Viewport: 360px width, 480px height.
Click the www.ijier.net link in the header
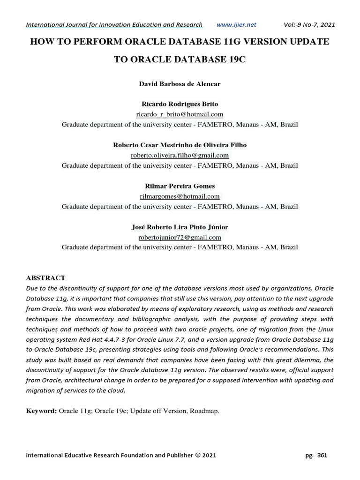pyautogui.click(x=237, y=24)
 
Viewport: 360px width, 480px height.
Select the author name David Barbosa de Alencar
pyautogui.click(x=180, y=84)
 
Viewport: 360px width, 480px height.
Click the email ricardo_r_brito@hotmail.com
pyautogui.click(x=180, y=114)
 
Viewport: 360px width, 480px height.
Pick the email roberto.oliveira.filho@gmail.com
pyautogui.click(x=180, y=155)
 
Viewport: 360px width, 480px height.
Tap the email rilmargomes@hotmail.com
pyautogui.click(x=180, y=196)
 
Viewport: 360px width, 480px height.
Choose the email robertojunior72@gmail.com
pyautogui.click(x=180, y=237)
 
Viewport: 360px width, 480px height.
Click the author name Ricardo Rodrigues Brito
pyautogui.click(x=180, y=104)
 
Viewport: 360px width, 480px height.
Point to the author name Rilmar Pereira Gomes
pyautogui.click(x=180, y=186)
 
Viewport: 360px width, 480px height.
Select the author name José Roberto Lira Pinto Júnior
pyautogui.click(x=180, y=227)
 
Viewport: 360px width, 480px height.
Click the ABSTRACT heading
pyautogui.click(x=45, y=278)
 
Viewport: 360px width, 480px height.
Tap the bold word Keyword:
pyautogui.click(x=41, y=411)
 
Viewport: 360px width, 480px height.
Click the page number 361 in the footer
pyautogui.click(x=322, y=455)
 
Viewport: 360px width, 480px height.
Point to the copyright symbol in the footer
pyautogui.click(x=197, y=455)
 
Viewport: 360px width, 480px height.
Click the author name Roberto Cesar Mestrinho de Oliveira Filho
pyautogui.click(x=180, y=145)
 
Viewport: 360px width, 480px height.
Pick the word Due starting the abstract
pyautogui.click(x=31, y=288)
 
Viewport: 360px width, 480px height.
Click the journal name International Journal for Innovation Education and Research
pyautogui.click(x=114, y=24)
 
